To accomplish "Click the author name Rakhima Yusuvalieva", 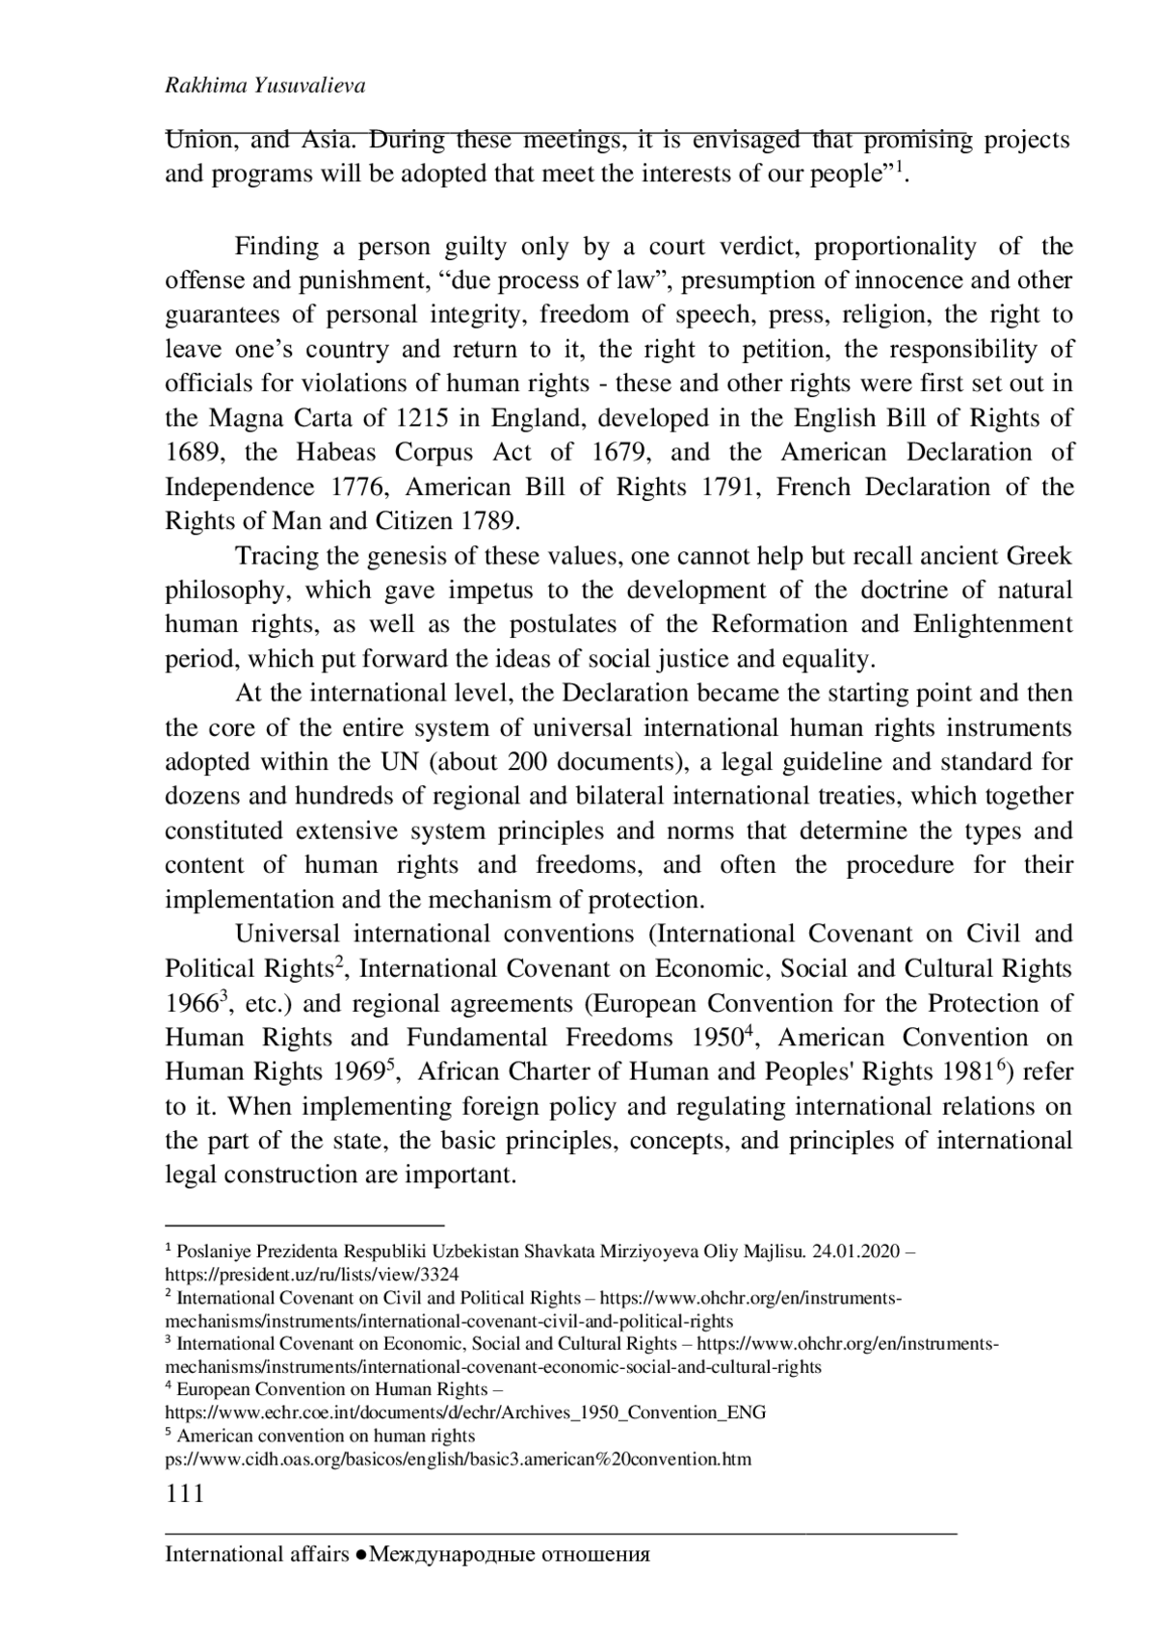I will tap(265, 87).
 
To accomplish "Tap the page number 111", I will tap(185, 1493).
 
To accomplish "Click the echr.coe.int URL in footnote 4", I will tap(466, 1413).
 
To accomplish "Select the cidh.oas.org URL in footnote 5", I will tap(459, 1459).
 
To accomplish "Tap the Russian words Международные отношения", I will tap(511, 1554).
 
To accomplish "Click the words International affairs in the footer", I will tap(256, 1554).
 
